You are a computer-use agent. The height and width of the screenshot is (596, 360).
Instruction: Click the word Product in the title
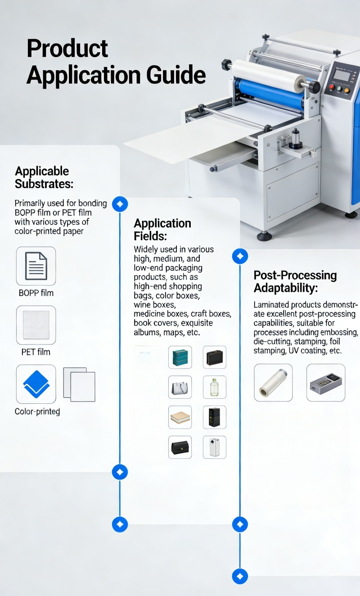(x=67, y=48)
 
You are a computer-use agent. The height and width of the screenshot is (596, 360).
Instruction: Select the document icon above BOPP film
(x=36, y=266)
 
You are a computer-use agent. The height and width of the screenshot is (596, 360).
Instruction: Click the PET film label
(x=36, y=352)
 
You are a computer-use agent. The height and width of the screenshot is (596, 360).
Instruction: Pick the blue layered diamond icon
(x=36, y=384)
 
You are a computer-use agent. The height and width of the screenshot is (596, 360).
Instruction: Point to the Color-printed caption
(x=37, y=411)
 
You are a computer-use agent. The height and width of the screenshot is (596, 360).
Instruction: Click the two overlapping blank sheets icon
(x=79, y=384)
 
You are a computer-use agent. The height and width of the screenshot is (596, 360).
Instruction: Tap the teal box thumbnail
(x=180, y=357)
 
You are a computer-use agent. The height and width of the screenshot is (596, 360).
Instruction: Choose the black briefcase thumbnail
(x=215, y=357)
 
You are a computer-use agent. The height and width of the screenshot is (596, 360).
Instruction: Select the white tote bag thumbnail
(x=180, y=387)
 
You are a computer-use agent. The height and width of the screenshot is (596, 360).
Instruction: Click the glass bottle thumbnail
(x=215, y=387)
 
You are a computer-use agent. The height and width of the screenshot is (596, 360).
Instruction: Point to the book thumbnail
(x=180, y=417)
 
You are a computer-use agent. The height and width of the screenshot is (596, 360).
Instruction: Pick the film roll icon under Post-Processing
(x=273, y=383)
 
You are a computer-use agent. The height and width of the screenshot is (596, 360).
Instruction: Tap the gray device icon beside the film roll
(x=326, y=383)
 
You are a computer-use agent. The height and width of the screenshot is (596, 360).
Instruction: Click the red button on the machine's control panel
(x=332, y=87)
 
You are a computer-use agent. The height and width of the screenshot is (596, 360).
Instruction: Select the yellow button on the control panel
(x=346, y=90)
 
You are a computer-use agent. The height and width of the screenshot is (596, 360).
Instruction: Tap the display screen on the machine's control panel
(x=342, y=75)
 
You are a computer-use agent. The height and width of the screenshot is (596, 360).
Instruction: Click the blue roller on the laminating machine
(x=269, y=93)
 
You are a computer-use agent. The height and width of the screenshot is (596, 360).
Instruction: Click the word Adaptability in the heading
(x=285, y=288)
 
